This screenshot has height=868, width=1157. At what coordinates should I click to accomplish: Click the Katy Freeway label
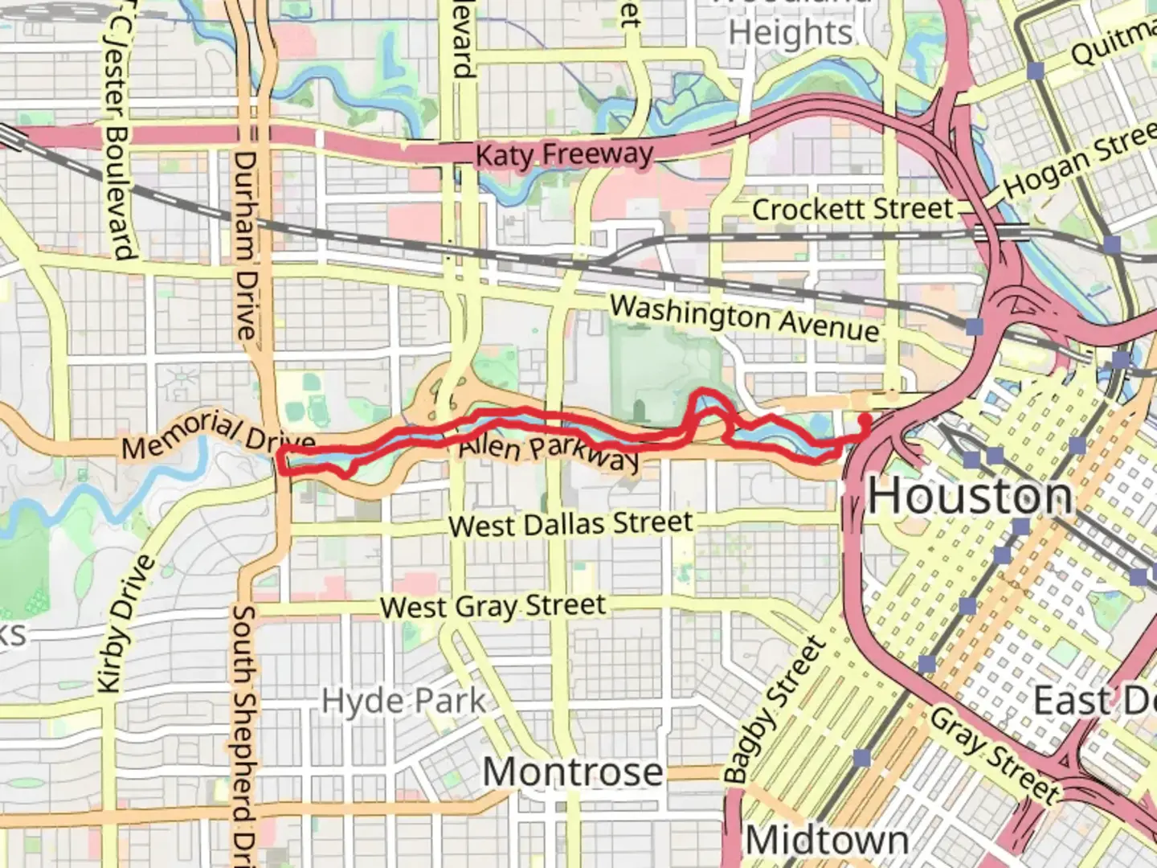tap(564, 154)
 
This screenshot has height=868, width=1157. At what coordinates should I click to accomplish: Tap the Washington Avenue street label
tap(744, 317)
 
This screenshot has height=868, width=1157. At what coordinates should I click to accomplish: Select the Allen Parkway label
tap(550, 452)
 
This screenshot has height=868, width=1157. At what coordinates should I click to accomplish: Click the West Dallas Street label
tap(570, 524)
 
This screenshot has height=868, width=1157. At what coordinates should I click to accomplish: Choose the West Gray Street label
tap(493, 606)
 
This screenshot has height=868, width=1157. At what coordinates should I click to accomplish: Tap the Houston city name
tap(971, 495)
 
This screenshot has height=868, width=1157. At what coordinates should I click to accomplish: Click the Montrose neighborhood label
tap(573, 772)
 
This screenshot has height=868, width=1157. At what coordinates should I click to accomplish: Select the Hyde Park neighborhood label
tap(403, 701)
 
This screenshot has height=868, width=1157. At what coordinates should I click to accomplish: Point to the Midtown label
tap(827, 841)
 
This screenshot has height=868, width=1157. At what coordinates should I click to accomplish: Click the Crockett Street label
tap(852, 210)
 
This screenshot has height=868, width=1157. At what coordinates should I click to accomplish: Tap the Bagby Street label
tap(775, 710)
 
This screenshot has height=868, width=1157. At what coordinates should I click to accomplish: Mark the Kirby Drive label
tap(125, 624)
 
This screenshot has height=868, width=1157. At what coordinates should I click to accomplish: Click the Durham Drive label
tap(245, 245)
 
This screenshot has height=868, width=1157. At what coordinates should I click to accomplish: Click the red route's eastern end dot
tap(865, 419)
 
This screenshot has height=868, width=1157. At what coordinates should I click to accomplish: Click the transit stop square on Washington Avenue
tap(975, 326)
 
